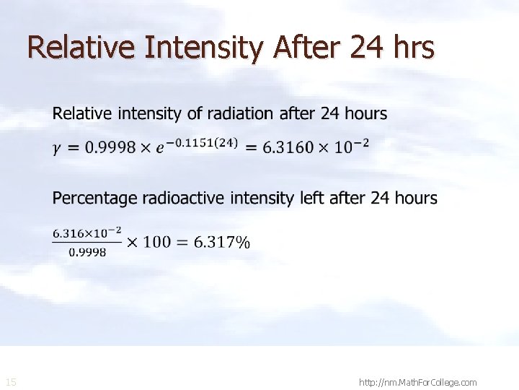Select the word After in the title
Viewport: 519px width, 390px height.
pos(307,48)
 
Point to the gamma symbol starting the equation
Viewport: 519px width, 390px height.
pos(57,149)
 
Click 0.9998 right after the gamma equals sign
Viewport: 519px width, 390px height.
pos(109,147)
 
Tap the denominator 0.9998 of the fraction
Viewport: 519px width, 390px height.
pos(86,252)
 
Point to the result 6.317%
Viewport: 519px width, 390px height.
pos(222,242)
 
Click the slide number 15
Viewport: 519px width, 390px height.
pos(11,382)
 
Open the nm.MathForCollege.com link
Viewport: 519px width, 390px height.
pos(417,382)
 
